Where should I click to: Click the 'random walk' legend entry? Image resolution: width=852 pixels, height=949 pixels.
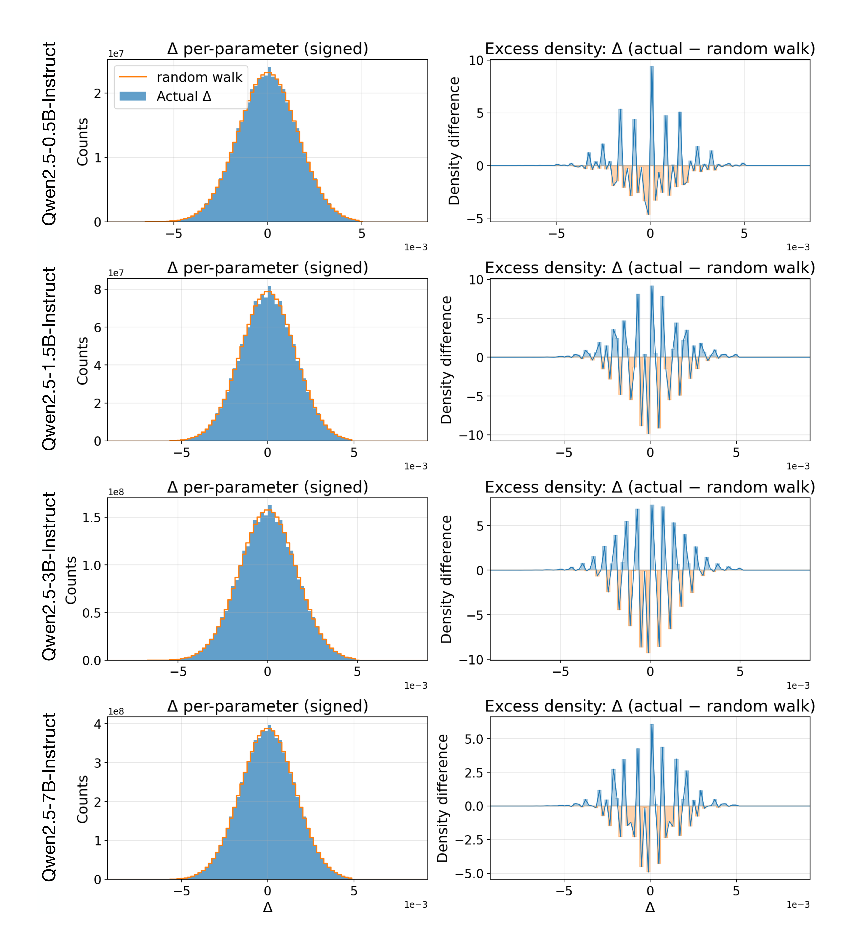[199, 77]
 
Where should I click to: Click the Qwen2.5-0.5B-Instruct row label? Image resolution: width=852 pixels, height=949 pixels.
[49, 134]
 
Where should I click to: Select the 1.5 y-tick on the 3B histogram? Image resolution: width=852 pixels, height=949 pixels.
[92, 517]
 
